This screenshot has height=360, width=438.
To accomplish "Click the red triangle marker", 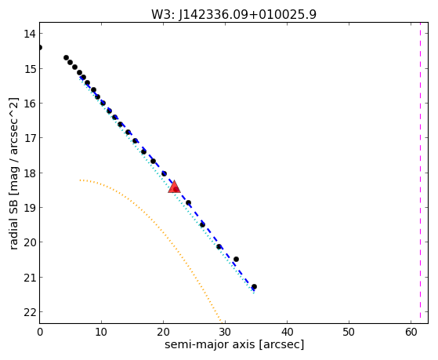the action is point(174,187).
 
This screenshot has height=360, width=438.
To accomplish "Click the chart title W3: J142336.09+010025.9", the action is point(233,15).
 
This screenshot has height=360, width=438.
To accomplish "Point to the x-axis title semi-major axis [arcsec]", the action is point(234,344).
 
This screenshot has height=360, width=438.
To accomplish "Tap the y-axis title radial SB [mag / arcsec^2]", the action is point(14,173).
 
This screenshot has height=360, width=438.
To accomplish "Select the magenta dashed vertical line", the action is point(420,173).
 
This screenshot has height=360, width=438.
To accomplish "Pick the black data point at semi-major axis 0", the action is point(40,47).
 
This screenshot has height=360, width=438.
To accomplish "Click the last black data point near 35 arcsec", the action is point(254,287).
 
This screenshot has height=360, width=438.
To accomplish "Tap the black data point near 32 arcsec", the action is point(236,260).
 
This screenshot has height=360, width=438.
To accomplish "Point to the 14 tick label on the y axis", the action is point(29,34).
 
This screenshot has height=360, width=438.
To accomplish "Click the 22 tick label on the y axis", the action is point(29,312).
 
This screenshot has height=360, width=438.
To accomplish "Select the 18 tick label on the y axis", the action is point(29,173).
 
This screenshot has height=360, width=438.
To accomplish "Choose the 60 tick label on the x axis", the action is point(411,333).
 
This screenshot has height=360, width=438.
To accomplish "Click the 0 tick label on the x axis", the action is point(40,333).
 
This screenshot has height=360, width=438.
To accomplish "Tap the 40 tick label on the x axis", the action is point(287,333).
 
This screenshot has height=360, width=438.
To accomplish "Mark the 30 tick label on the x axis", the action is point(225,333).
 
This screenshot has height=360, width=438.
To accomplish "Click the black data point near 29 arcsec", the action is point(219,247).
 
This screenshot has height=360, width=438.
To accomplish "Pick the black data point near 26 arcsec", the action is point(202,224).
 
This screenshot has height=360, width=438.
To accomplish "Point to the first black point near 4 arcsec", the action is point(66,57).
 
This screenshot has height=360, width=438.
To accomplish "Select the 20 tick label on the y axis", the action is point(29,242).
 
